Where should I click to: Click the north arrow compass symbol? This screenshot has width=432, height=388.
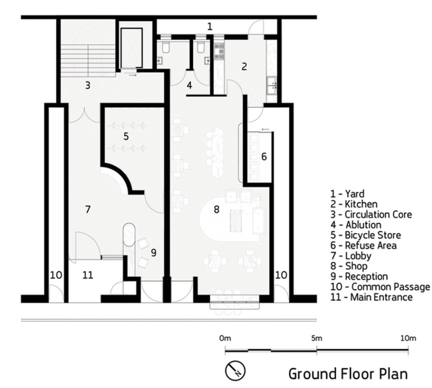(235, 370)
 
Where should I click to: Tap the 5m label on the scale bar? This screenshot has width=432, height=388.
(317, 338)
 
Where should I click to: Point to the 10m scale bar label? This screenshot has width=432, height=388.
(408, 338)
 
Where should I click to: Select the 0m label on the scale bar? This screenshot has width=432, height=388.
(225, 338)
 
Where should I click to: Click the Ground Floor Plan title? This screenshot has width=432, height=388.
(348, 374)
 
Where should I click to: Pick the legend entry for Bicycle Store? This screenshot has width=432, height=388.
(366, 235)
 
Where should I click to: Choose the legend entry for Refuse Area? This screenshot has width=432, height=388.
(364, 245)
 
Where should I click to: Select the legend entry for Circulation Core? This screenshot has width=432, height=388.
(371, 214)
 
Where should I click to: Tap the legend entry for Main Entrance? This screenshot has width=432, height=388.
(371, 297)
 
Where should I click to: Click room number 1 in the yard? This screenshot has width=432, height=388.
(210, 27)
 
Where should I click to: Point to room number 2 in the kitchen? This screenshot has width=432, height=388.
(244, 67)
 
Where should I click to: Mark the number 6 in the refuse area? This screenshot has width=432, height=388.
(264, 156)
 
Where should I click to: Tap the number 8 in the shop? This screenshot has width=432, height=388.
(217, 209)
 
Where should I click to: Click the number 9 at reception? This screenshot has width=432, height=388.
(154, 253)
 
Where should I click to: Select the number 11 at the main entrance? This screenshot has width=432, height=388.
(88, 275)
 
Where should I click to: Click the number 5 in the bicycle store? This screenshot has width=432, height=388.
(126, 136)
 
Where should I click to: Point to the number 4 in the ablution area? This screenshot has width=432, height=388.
(189, 86)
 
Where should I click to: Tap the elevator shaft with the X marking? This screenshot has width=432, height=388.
(132, 48)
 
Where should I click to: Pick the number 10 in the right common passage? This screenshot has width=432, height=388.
(281, 275)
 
